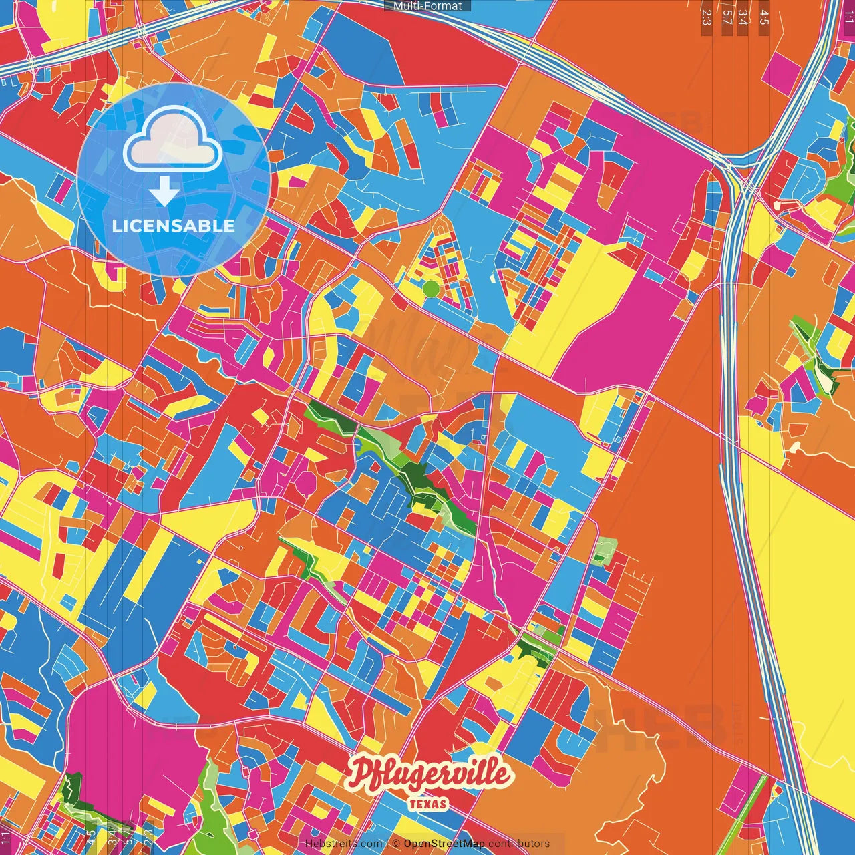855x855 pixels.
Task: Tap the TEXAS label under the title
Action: point(428,804)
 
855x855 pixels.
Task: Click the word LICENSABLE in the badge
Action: point(174,226)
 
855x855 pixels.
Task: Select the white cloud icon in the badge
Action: point(173,138)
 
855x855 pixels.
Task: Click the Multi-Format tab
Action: point(427,6)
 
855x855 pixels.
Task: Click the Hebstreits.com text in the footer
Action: point(343,844)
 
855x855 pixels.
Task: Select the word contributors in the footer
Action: point(519,844)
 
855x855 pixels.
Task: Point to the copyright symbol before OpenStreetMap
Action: point(396,844)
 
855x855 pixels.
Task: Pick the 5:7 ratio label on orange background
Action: point(727,17)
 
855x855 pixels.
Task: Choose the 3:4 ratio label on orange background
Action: point(743,17)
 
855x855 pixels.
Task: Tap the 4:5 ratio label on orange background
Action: point(763,17)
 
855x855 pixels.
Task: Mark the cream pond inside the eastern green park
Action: point(829,384)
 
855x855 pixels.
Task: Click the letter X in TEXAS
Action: point(428,804)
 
